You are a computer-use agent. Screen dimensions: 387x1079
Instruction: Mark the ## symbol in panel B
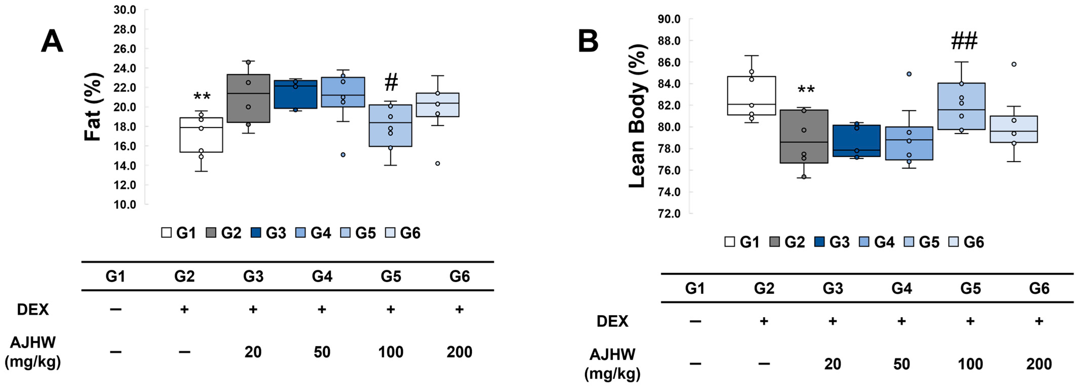coord(964,41)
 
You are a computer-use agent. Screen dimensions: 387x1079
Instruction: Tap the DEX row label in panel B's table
coord(612,321)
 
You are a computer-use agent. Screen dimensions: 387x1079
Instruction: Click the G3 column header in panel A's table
coord(253,276)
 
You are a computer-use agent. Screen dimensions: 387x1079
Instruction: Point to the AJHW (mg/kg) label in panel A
coord(33,352)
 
